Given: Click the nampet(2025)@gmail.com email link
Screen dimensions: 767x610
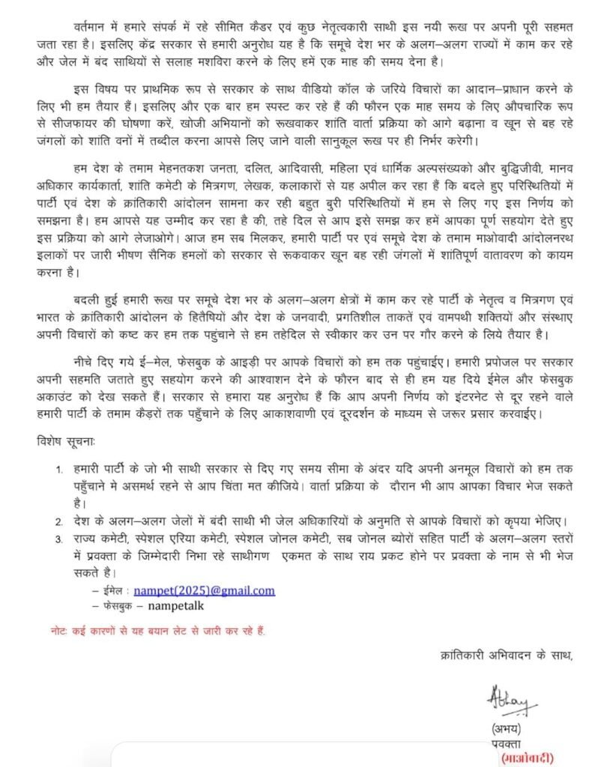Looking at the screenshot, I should click(x=204, y=590).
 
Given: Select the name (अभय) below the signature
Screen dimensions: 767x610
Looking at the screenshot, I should click(x=507, y=728).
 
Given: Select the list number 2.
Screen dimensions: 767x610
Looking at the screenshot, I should click(x=59, y=521).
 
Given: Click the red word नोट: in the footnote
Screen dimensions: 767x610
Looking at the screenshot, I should click(x=52, y=631).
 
